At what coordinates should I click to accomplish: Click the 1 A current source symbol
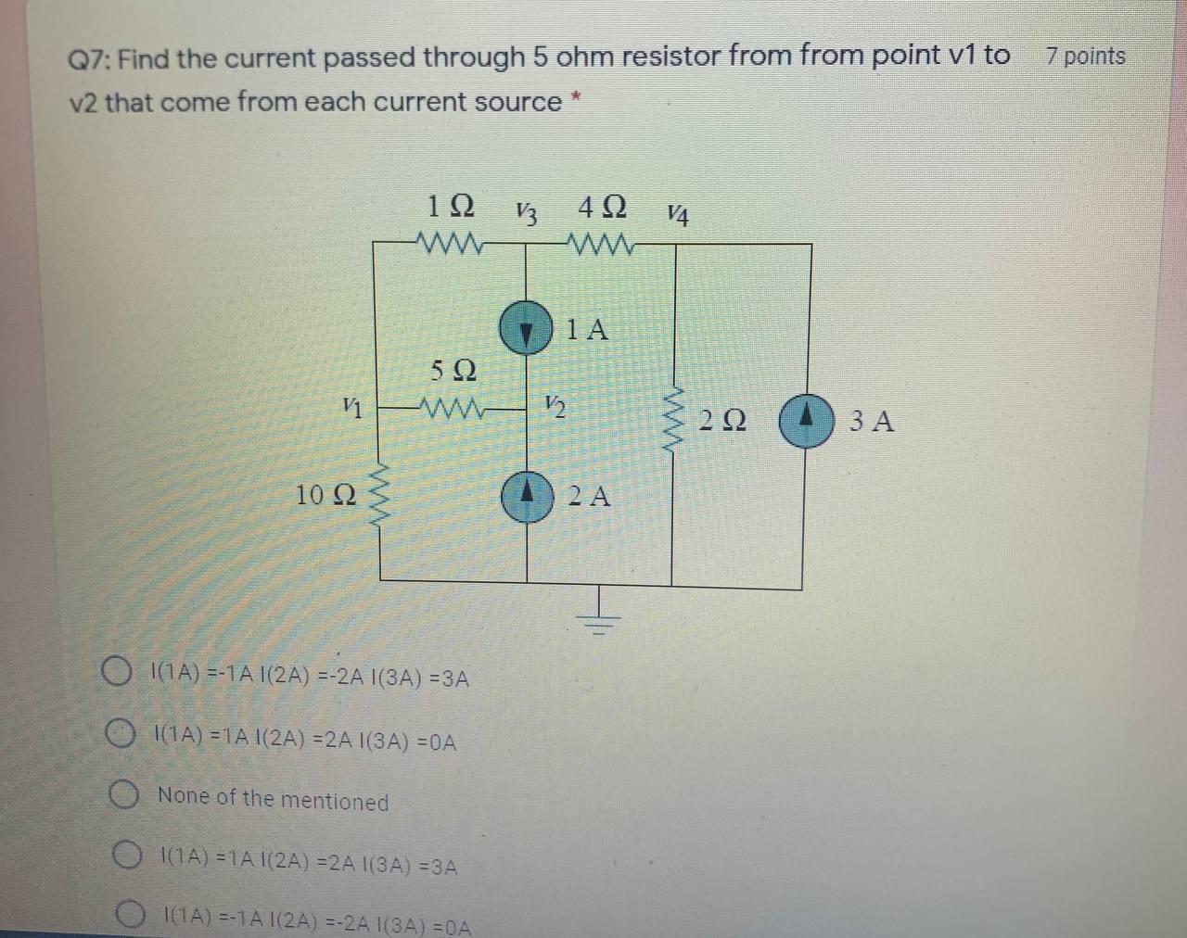[x=526, y=329]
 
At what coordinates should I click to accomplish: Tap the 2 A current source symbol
[x=527, y=498]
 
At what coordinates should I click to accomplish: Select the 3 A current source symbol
[x=805, y=422]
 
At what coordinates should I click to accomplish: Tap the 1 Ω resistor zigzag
[x=451, y=245]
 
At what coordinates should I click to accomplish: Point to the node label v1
[x=351, y=405]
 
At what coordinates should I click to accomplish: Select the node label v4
[x=679, y=215]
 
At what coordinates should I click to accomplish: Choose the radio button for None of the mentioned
[x=123, y=796]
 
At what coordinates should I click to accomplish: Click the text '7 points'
[x=1085, y=57]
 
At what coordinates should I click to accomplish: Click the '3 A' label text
[x=872, y=422]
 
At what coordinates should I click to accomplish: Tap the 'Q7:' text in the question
[x=91, y=60]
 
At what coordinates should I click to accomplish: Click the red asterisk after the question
[x=576, y=95]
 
